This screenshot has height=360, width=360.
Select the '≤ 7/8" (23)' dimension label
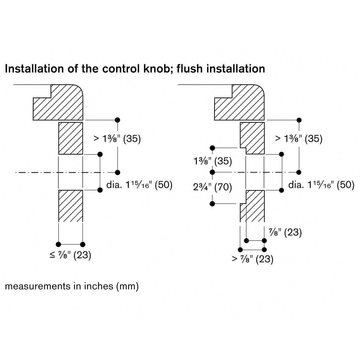(70, 255)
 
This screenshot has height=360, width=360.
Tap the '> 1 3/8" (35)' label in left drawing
(117, 139)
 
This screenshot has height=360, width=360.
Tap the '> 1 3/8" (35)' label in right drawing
(299, 139)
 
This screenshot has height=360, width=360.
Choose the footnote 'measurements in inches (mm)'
(72, 286)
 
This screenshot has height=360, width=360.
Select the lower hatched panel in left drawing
(70, 205)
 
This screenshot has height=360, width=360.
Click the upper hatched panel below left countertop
(70, 138)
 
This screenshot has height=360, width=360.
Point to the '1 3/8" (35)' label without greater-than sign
(213, 161)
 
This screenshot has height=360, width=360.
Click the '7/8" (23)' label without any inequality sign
(284, 232)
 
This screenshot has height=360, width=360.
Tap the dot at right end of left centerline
(117, 172)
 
